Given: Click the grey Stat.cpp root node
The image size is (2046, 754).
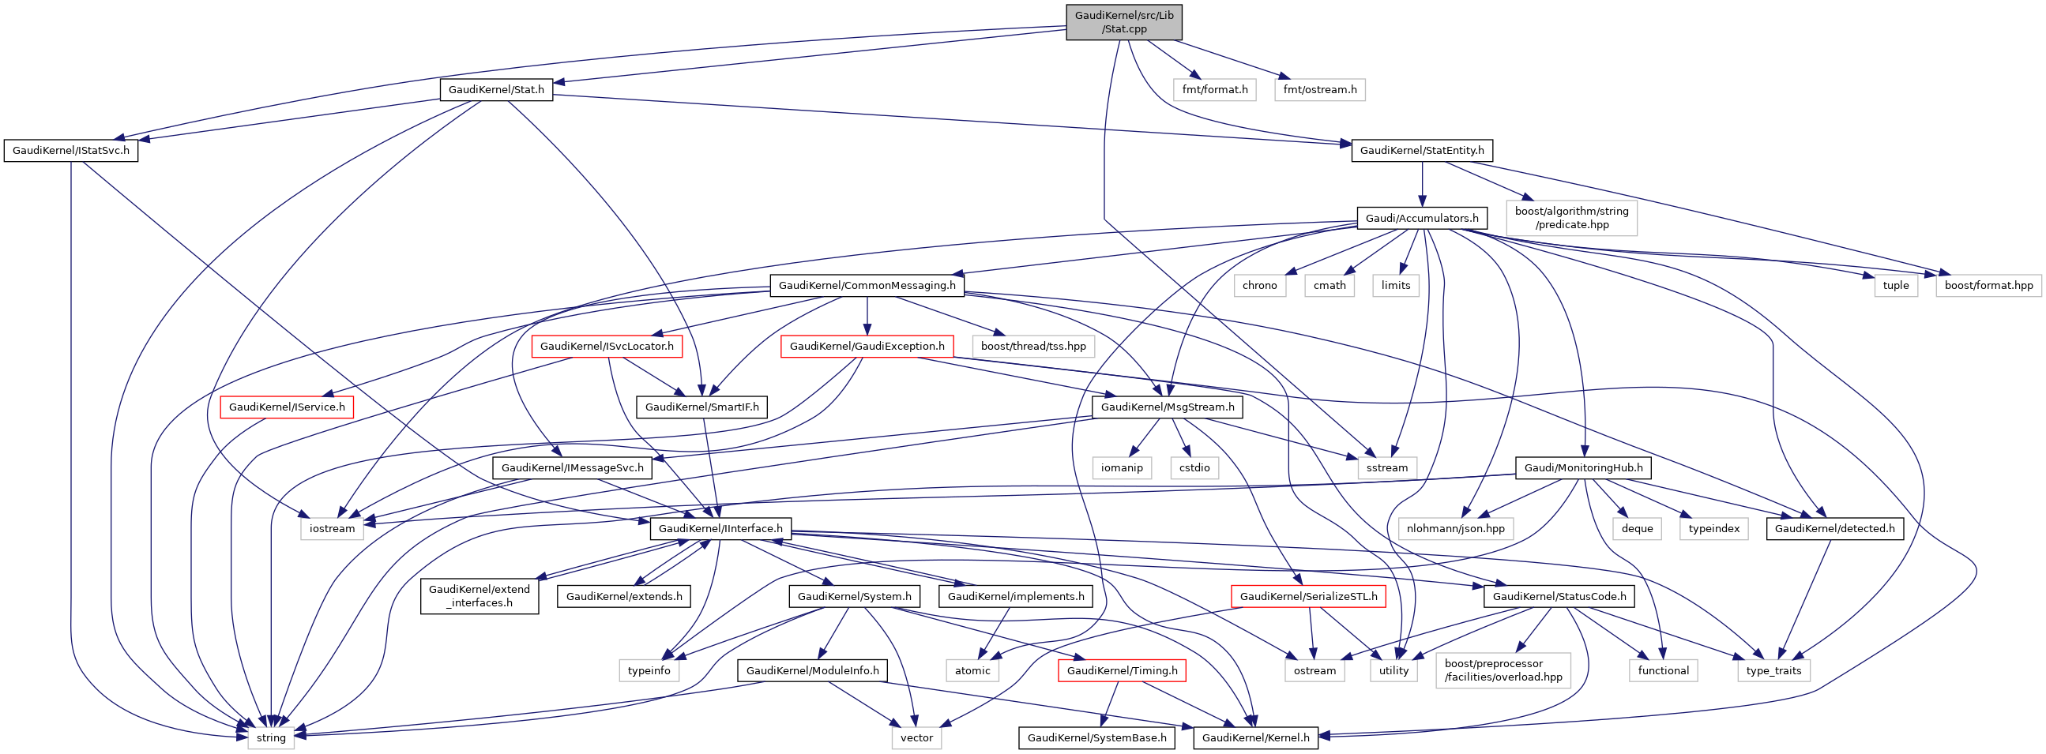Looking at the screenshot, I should coord(1123,22).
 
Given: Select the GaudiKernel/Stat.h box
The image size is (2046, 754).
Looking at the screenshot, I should coord(495,90).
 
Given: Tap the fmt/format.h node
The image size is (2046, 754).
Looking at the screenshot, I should coord(1214,90).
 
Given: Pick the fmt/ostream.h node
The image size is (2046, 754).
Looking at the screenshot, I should coord(1319,90).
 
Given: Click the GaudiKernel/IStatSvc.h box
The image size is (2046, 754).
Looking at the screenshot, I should coord(70,151).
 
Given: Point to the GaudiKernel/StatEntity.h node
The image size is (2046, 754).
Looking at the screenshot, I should coord(1421,151).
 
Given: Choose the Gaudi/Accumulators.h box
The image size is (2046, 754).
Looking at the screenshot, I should coord(1421,218).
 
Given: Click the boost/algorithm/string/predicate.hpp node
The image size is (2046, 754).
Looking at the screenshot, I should coord(1571,218).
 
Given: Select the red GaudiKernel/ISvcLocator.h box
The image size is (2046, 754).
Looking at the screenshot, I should coord(607,347).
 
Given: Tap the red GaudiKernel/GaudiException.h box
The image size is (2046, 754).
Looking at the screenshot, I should coord(867,347).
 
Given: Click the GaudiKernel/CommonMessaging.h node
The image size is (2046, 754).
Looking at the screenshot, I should coord(867,286).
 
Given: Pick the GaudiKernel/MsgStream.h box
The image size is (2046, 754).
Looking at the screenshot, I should coord(1167,407).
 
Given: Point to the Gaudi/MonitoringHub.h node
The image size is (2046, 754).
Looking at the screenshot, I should coord(1583,468).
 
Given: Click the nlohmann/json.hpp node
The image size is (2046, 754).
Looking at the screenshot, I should coord(1455,529).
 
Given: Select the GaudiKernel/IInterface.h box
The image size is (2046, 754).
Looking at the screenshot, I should coord(720,529).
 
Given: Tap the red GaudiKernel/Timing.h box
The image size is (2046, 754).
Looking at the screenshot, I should coord(1122,671).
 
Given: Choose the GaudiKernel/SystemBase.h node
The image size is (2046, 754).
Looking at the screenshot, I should coord(1096,738).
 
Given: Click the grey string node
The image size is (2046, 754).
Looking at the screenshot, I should coord(271,738).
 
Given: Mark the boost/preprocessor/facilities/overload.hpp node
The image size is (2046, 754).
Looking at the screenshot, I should coord(1503,670).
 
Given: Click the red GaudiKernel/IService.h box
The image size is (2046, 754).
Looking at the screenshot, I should coord(287,407).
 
